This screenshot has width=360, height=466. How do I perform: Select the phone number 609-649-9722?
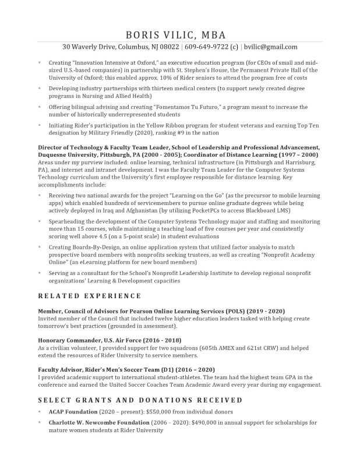[x=206, y=47]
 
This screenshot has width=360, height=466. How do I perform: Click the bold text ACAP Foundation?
[x=73, y=411]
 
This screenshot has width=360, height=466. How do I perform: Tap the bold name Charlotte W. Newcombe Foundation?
[x=98, y=422]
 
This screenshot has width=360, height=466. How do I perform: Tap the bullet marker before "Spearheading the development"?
[x=40, y=222]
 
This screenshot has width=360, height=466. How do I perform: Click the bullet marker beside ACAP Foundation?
[x=40, y=411]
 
